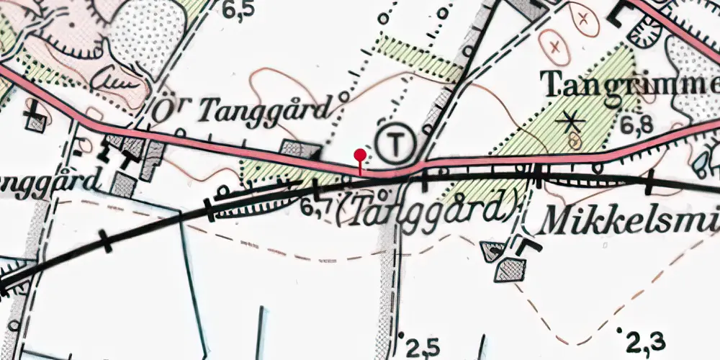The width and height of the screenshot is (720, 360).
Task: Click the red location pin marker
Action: coord(360,156)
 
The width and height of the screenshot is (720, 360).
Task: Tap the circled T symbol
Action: coord(395,143)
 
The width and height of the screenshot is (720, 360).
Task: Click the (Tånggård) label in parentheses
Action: coord(428,209)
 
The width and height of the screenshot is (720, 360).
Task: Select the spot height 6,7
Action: coord(317,208)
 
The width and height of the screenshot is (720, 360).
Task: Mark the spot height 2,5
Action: coord(421,348)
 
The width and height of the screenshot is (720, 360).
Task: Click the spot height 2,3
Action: coord(646,338)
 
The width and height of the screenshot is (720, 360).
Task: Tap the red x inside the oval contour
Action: coord(555,46)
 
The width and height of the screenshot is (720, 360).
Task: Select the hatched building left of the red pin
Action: coord(300,149)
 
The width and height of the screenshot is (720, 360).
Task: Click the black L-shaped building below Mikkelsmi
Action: coord(528,247)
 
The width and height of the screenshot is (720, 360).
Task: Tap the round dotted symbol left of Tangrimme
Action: coord(644,32)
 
